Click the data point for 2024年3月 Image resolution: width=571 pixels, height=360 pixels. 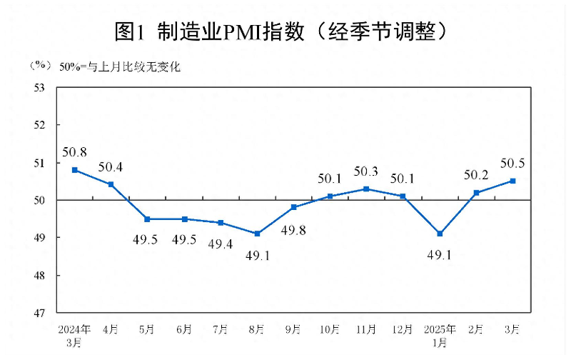click(74, 170)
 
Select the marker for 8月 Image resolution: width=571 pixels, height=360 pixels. click(257, 234)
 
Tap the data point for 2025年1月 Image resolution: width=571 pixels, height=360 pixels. click(440, 234)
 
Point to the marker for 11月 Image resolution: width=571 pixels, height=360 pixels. click(366, 189)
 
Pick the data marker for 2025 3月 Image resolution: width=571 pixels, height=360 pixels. click(512, 181)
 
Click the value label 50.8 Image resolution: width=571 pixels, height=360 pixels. click(74, 152)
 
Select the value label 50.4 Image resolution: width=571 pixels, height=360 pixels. click(111, 168)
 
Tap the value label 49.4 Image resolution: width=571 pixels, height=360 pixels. click(221, 244)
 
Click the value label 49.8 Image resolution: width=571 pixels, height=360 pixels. click(293, 230)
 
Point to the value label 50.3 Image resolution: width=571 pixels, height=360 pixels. click(366, 171)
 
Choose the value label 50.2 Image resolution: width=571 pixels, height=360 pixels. click(476, 175)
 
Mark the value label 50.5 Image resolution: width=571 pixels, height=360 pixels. click(512, 164)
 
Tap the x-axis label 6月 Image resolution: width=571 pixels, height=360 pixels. click(184, 329)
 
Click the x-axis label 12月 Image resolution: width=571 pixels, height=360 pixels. click(403, 329)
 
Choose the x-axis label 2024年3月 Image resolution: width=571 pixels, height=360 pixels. click(74, 335)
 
